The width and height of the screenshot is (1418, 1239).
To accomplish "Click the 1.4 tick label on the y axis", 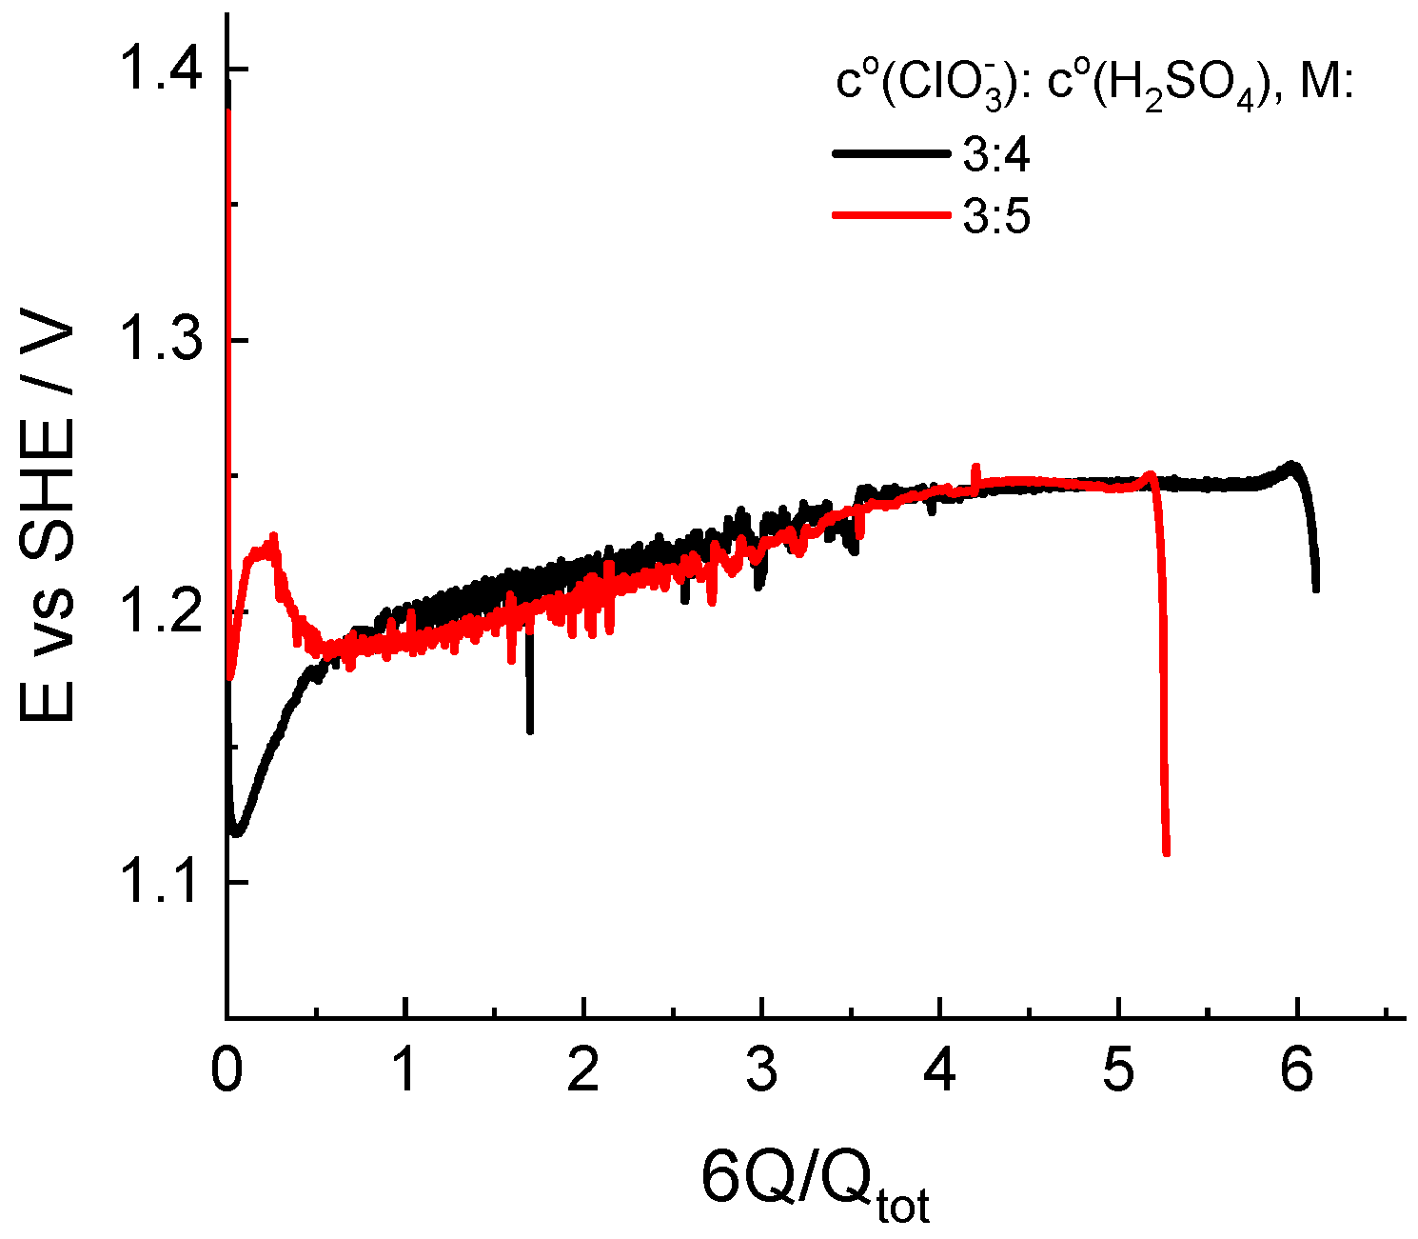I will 161,70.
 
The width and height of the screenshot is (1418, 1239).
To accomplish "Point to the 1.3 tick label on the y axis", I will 161,341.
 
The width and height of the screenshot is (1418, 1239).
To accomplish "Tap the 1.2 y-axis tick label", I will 161,611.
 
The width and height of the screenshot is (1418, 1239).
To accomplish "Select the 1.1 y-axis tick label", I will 161,882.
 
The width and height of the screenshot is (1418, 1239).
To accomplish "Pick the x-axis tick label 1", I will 405,1072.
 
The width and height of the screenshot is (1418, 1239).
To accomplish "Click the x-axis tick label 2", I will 583,1072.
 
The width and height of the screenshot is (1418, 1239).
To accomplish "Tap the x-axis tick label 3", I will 761,1072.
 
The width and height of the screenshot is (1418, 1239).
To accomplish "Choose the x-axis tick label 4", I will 940,1072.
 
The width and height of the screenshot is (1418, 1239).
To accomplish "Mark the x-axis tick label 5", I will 1118,1072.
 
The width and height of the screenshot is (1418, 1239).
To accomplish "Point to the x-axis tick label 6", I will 1296,1072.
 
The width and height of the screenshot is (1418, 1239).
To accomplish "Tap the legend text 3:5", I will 995,218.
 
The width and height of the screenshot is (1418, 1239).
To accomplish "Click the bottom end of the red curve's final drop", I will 1167,853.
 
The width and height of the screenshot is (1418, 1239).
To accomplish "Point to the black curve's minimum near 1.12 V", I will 237,833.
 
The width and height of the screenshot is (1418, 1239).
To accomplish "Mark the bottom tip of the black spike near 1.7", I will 530,731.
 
